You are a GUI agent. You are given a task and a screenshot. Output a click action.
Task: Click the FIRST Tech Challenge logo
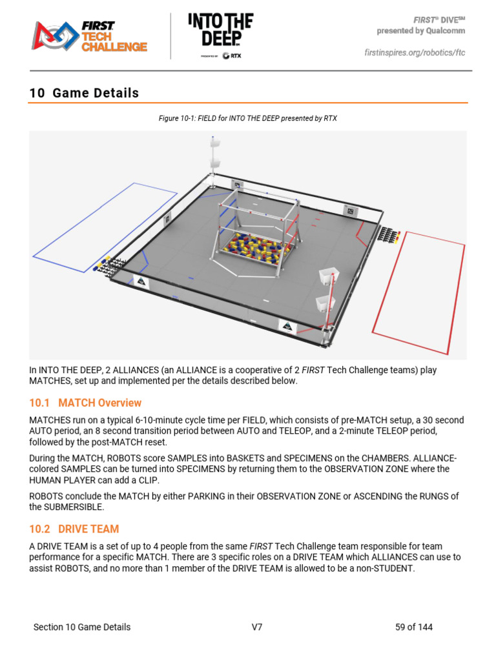click(90, 36)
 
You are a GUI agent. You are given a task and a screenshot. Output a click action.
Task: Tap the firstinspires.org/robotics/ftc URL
click(414, 52)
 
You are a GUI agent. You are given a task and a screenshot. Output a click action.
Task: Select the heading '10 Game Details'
click(84, 93)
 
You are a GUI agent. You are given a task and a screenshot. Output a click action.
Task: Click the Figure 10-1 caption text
click(248, 119)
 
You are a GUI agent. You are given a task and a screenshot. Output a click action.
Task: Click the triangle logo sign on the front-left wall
click(139, 281)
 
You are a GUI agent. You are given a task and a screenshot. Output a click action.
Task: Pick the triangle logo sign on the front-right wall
click(286, 325)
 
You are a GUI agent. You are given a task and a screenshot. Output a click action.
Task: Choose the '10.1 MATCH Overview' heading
click(85, 403)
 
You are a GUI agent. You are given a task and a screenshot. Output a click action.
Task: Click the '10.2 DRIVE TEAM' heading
click(74, 529)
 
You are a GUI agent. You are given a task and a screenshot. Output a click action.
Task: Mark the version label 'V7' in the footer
click(257, 627)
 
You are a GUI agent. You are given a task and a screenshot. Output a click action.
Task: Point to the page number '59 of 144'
click(413, 627)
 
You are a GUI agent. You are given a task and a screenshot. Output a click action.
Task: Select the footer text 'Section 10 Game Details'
click(82, 627)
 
